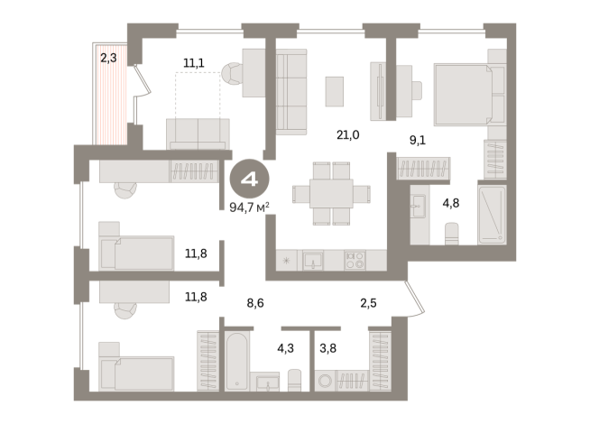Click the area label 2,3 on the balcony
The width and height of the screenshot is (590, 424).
[x=107, y=58]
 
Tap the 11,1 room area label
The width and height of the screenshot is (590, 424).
[x=193, y=62]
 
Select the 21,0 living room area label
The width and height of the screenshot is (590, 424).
[x=347, y=135]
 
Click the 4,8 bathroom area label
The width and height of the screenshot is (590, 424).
[x=451, y=203]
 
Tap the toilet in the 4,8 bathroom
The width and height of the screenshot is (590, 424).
[x=453, y=234]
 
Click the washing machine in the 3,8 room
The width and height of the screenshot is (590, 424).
[x=324, y=381]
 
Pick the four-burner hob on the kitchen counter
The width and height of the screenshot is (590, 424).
[x=355, y=260]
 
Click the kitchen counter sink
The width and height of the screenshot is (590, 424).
[x=313, y=260]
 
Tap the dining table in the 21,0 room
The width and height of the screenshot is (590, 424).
[x=330, y=192]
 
